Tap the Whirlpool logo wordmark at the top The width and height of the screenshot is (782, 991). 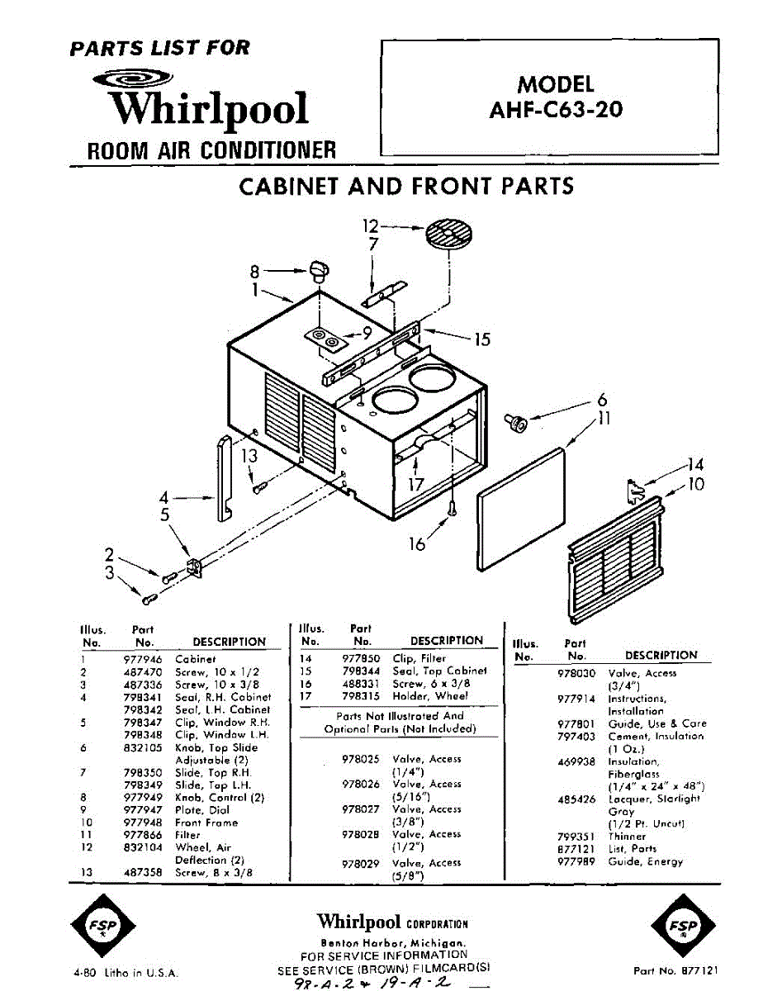click(211, 110)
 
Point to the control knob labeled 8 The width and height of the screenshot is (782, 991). click(320, 270)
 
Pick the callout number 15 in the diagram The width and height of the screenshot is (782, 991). click(481, 339)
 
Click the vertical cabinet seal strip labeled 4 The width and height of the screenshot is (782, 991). click(223, 479)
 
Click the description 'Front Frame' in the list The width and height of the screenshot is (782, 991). click(206, 823)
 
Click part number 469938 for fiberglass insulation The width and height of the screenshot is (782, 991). click(577, 761)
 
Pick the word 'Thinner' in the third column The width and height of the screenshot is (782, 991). click(627, 837)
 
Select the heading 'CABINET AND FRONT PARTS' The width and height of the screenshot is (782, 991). click(406, 186)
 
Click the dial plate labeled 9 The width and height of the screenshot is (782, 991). click(325, 339)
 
